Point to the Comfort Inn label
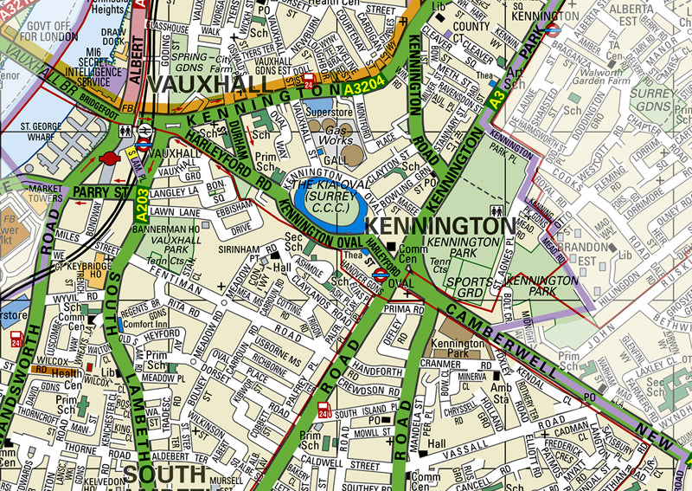point(123,323)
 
